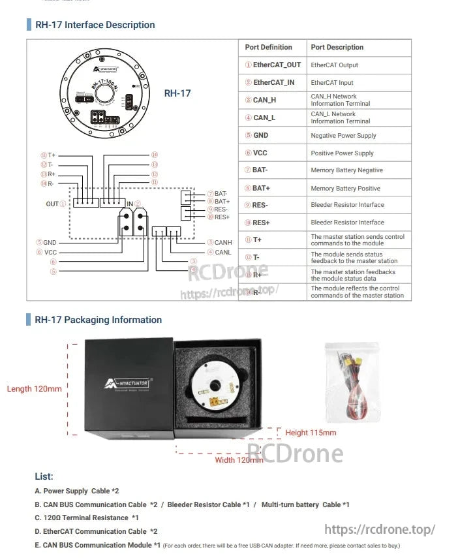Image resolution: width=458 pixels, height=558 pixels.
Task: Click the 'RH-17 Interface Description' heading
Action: (x=95, y=25)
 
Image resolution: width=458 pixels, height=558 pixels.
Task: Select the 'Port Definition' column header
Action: (x=268, y=47)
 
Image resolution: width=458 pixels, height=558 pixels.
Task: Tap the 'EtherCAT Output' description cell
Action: (x=334, y=65)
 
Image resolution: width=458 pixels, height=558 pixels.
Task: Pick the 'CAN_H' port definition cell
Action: (x=260, y=101)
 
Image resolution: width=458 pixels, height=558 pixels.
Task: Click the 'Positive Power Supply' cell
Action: (x=342, y=153)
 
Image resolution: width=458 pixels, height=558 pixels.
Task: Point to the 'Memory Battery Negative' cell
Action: (x=346, y=170)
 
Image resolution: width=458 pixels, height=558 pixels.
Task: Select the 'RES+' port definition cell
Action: (x=260, y=223)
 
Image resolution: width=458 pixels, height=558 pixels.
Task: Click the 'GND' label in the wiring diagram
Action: (x=49, y=242)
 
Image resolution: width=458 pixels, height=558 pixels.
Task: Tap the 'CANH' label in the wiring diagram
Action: (x=222, y=242)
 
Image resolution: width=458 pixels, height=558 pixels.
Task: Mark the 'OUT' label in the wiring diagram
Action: (x=53, y=204)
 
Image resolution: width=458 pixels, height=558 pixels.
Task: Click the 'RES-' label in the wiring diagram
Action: (x=221, y=209)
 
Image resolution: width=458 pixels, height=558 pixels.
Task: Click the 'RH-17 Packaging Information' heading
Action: (x=98, y=320)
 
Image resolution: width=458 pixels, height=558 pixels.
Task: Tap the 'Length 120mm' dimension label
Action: (x=35, y=389)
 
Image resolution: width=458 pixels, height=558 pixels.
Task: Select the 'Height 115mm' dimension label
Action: (x=311, y=433)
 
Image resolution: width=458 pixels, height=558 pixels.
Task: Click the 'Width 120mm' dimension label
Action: (x=239, y=460)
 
